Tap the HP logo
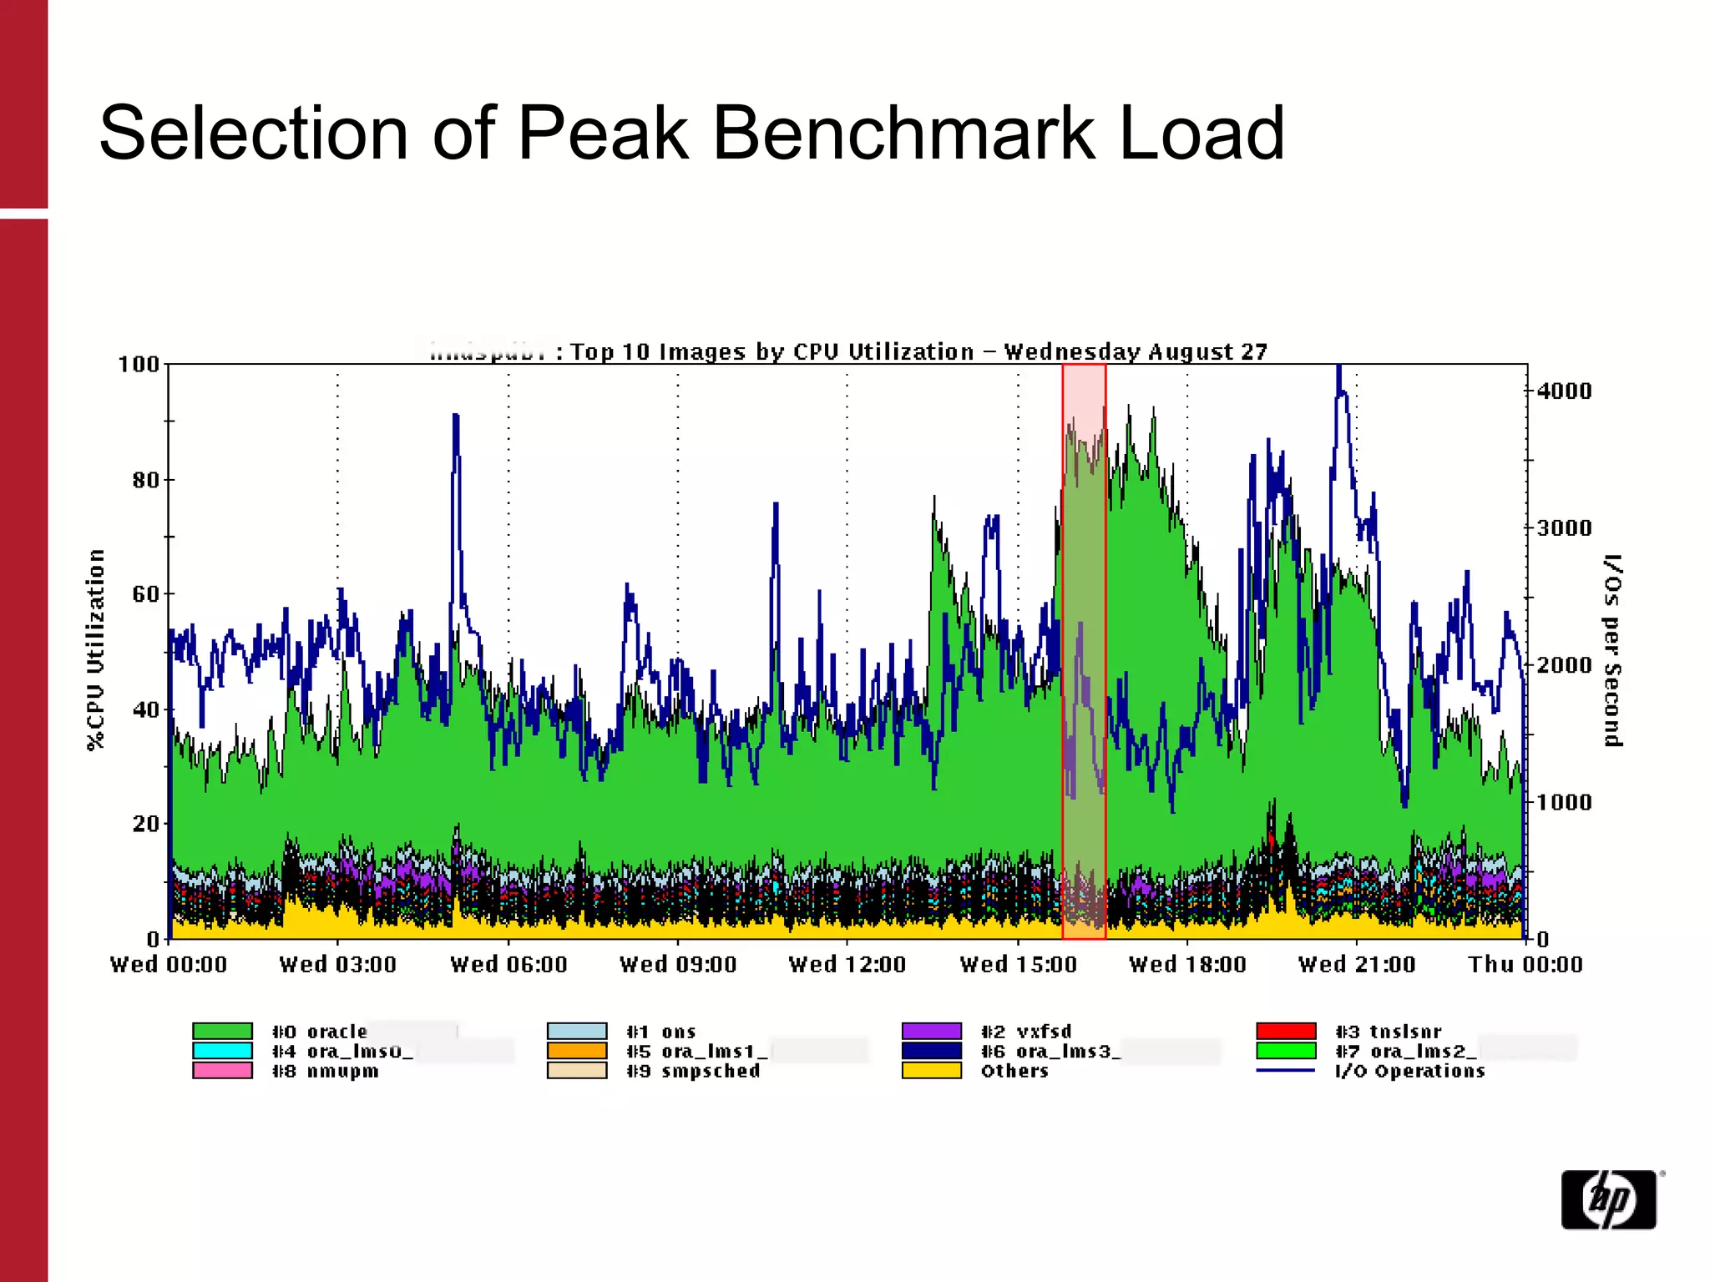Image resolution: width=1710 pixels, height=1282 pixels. pyautogui.click(x=1608, y=1200)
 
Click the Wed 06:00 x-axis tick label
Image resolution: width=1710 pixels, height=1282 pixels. pyautogui.click(x=508, y=965)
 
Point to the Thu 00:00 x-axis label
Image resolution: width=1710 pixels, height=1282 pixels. pyautogui.click(x=1525, y=965)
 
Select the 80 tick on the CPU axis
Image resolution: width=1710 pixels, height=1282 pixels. pyautogui.click(x=145, y=480)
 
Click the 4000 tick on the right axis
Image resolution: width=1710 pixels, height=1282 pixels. pyautogui.click(x=1564, y=391)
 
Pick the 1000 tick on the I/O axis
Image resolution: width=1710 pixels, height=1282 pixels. pyautogui.click(x=1564, y=803)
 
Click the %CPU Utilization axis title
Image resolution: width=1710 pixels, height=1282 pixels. pyautogui.click(x=97, y=649)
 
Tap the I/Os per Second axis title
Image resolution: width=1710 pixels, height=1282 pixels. pyautogui.click(x=1612, y=649)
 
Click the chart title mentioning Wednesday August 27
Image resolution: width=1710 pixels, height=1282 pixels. pyautogui.click(x=918, y=352)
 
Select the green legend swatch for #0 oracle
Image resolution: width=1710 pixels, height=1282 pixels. pyautogui.click(x=222, y=1032)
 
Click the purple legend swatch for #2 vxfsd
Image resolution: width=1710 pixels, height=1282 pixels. pyautogui.click(x=932, y=1032)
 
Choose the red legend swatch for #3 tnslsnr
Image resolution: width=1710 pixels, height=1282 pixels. pyautogui.click(x=1286, y=1032)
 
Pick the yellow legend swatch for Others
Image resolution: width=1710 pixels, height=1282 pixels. pyautogui.click(x=932, y=1071)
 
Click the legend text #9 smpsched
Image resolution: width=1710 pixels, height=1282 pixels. pyautogui.click(x=693, y=1071)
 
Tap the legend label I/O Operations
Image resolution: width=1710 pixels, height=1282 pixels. pyautogui.click(x=1409, y=1071)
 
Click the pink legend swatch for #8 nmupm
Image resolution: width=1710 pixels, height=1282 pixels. pyautogui.click(x=222, y=1071)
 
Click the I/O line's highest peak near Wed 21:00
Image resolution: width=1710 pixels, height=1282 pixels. pyautogui.click(x=1338, y=369)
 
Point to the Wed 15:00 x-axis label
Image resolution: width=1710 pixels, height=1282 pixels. pyautogui.click(x=1018, y=965)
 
